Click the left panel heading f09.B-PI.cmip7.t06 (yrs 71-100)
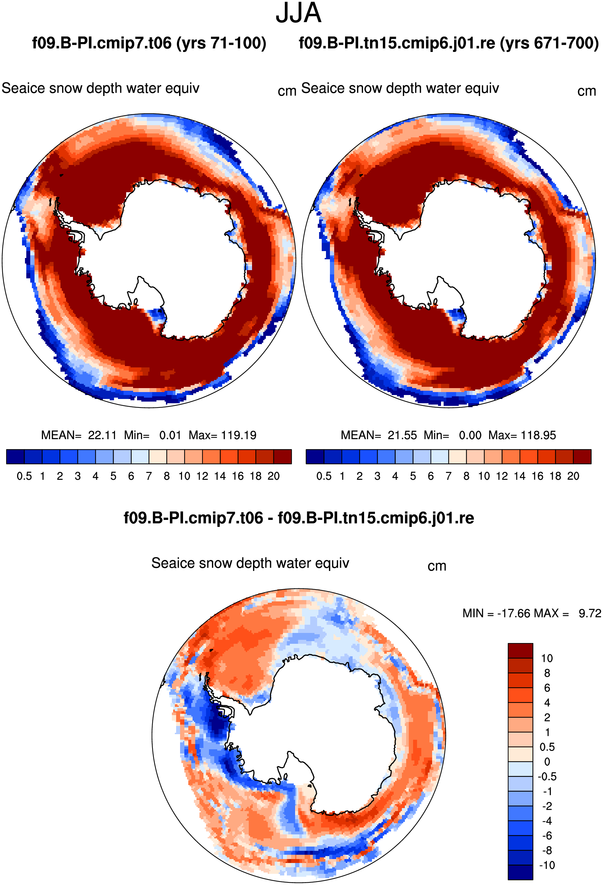pyautogui.click(x=149, y=43)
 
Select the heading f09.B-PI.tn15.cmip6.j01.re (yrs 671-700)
pyautogui.click(x=449, y=43)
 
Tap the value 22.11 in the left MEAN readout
pyautogui.click(x=102, y=435)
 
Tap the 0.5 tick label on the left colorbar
pyautogui.click(x=24, y=476)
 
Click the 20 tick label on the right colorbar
pyautogui.click(x=573, y=476)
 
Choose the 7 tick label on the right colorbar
pyautogui.click(x=449, y=476)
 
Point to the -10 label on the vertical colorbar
pyautogui.click(x=547, y=865)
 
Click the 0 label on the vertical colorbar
pyautogui.click(x=547, y=762)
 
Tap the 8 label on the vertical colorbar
pyautogui.click(x=547, y=673)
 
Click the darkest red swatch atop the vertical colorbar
pyautogui.click(x=521, y=650)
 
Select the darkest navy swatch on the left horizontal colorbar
pyautogui.click(x=15, y=456)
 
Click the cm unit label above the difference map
pyautogui.click(x=437, y=566)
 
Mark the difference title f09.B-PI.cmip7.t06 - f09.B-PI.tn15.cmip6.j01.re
pyautogui.click(x=299, y=518)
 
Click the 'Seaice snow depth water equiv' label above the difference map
pyautogui.click(x=250, y=563)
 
